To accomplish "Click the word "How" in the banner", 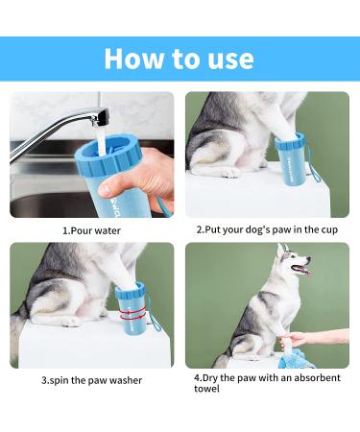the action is coord(133,59).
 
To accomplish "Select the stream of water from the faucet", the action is coord(102,142).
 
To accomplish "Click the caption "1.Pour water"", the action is coord(91,230).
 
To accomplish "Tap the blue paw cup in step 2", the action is coord(290,159).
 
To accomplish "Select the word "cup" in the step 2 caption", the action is coord(328,229).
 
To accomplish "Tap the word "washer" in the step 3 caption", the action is coord(126,380).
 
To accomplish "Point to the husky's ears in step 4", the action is coord(283,249).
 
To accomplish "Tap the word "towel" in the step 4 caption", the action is coord(206,389).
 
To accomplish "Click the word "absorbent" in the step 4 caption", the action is coord(317,378).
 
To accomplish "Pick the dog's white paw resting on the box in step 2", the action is coord(231,173).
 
